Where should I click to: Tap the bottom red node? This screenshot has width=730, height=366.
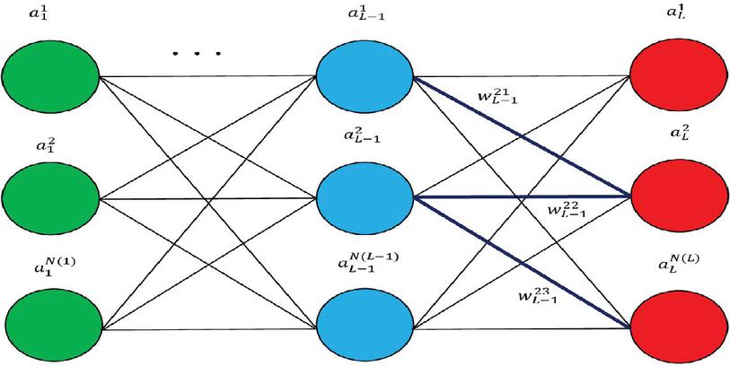click(x=679, y=317)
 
